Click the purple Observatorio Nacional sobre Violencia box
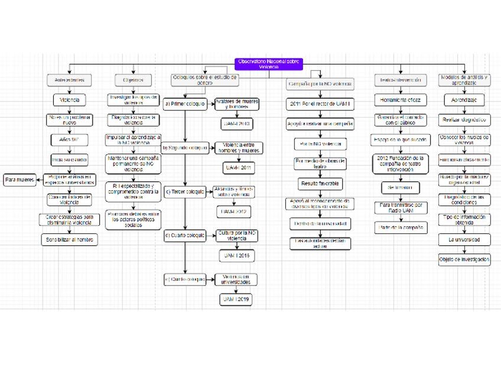[268, 63]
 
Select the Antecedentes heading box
[70, 80]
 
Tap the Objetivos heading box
[133, 80]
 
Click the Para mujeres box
[20, 180]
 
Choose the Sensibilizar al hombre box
[70, 240]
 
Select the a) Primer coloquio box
[184, 103]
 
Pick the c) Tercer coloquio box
[184, 191]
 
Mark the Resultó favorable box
[320, 184]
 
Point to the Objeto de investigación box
[464, 259]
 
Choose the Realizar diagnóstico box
[464, 120]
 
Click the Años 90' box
[70, 140]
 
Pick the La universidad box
[464, 240]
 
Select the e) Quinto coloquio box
[184, 279]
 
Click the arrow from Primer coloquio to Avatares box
[210, 103]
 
